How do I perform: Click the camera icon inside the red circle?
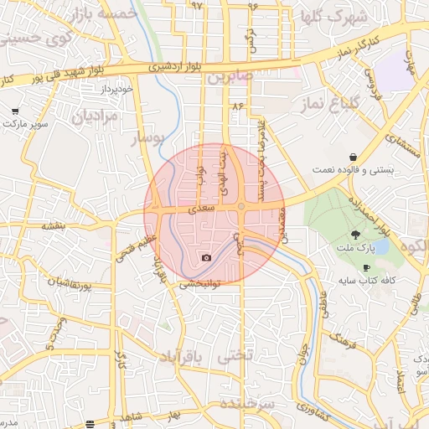207,257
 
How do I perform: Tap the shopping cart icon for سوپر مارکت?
15,111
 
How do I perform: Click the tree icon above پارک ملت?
356,235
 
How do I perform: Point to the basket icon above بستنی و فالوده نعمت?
354,157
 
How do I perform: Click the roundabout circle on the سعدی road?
241,205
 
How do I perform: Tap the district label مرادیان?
94,118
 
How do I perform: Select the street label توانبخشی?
199,285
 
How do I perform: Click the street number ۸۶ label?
237,106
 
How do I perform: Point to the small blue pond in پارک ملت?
381,246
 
